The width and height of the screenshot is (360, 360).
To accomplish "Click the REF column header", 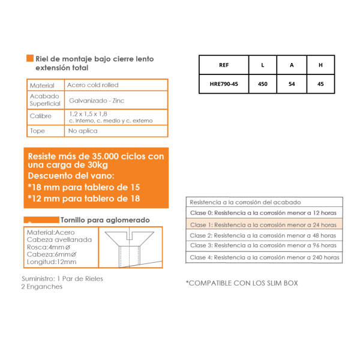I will [224, 65].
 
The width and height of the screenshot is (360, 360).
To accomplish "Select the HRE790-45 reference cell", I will [224, 84].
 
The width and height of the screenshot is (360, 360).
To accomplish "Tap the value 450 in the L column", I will [262, 84].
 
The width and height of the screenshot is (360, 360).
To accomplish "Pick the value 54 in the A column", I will [292, 84].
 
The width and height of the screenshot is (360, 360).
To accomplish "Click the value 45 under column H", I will [320, 84].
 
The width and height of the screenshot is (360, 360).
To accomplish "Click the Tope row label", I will [37, 131].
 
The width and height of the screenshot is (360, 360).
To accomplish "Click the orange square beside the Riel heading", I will [29, 59].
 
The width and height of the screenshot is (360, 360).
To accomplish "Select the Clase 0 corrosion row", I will [263, 213].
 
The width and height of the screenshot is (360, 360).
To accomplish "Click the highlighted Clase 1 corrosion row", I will [263, 224].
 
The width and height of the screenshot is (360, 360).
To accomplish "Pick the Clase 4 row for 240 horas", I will [265, 257].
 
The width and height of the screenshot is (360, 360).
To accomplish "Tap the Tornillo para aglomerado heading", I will [105, 220].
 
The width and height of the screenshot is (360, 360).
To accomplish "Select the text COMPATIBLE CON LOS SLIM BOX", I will [242, 283].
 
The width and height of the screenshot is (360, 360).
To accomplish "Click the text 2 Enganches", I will [42, 286].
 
